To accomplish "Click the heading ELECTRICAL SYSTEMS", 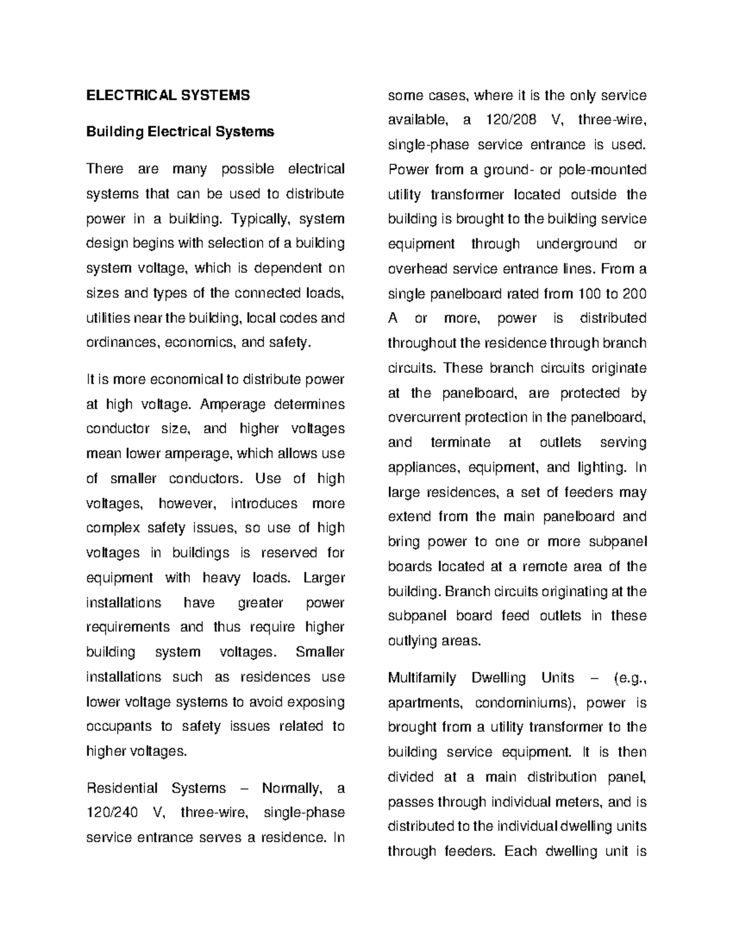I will (168, 95).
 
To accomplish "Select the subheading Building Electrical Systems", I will (180, 132).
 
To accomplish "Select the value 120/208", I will (511, 120).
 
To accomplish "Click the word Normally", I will (291, 788).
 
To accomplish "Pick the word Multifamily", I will (422, 678).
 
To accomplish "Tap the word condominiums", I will (525, 703).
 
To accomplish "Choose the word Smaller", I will (319, 652).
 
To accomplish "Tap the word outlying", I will (411, 641).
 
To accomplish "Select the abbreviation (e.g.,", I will (628, 678).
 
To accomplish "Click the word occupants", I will (119, 727).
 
